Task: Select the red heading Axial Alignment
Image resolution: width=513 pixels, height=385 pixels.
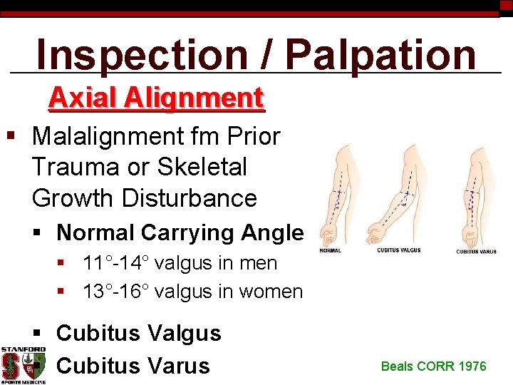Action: tap(156, 98)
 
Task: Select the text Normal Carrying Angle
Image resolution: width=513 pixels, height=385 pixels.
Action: tap(180, 232)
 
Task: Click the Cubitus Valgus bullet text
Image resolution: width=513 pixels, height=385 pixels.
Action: tap(138, 333)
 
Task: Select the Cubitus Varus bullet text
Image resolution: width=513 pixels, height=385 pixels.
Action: tap(133, 365)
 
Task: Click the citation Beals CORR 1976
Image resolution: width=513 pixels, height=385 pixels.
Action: tap(433, 366)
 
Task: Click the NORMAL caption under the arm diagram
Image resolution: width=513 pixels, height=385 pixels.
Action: tap(330, 250)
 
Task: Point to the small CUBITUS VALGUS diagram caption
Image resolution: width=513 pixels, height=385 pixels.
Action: tap(399, 250)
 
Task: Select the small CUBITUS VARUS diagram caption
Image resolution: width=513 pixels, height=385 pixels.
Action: tap(477, 251)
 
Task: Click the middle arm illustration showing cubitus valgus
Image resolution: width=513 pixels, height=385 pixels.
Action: tap(395, 192)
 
